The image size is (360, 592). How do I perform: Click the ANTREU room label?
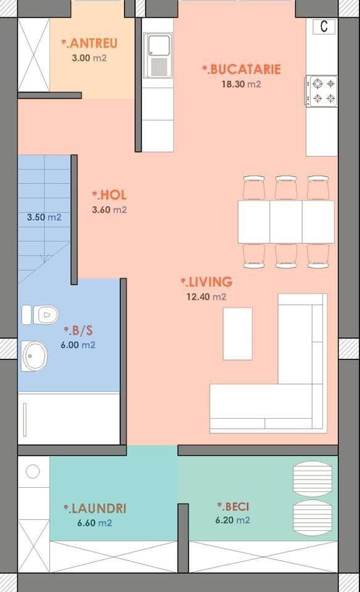pyautogui.click(x=90, y=43)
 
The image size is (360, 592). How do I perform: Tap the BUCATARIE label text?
pyautogui.click(x=242, y=70)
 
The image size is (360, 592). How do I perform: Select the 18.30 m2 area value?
pyautogui.click(x=241, y=84)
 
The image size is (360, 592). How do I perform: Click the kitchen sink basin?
pyautogui.click(x=159, y=45)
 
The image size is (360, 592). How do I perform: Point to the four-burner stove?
pyautogui.click(x=322, y=91)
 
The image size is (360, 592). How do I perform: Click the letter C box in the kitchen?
pyautogui.click(x=324, y=27)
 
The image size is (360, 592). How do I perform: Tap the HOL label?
pyautogui.click(x=110, y=195)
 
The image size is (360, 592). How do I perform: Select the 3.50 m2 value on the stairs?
pyautogui.click(x=44, y=218)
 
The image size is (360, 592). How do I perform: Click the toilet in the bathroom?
pyautogui.click(x=41, y=315)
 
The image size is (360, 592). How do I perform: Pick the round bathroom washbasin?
pyautogui.click(x=35, y=356)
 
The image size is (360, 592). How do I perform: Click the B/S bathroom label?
pyautogui.click(x=78, y=331)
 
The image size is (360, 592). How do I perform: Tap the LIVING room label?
pyautogui.click(x=207, y=282)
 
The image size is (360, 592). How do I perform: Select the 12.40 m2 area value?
pyautogui.click(x=207, y=297)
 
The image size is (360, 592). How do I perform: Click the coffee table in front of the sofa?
pyautogui.click(x=238, y=334)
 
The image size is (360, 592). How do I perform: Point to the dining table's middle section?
pyautogui.click(x=286, y=222)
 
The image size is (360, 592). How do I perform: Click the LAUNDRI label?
pyautogui.click(x=95, y=509)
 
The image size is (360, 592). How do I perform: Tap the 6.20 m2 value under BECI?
pyautogui.click(x=232, y=520)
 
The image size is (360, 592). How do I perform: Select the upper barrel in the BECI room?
pyautogui.click(x=313, y=479)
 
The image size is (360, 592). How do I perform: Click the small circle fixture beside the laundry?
pyautogui.click(x=33, y=471)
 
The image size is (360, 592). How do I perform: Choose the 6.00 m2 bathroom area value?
pyautogui.click(x=78, y=345)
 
